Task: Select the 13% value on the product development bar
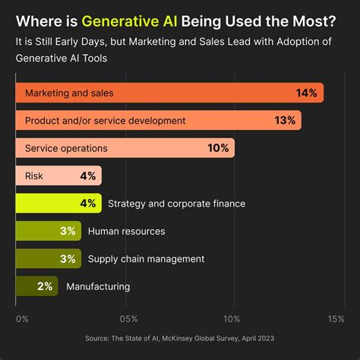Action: pos(285,120)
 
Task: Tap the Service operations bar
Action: pos(125,148)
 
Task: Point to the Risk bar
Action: pos(58,175)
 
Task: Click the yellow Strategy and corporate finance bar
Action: pos(58,204)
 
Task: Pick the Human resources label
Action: pos(126,231)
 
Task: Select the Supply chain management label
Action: pos(146,259)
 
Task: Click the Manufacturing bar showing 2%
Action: pos(36,286)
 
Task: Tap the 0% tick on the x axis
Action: pos(21,318)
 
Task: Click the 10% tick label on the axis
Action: pos(232,318)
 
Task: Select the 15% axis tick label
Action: pos(336,318)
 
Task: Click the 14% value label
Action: pos(307,93)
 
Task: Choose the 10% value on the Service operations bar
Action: pos(218,148)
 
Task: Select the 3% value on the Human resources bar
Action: pos(68,231)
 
